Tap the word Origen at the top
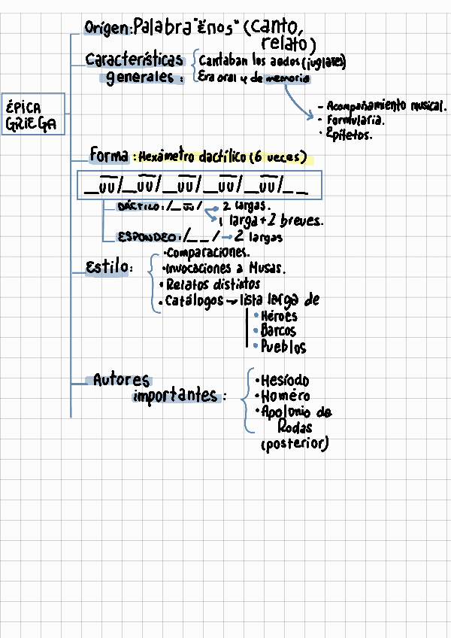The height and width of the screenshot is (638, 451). pos(107,29)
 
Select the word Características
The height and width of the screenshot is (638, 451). pos(134,59)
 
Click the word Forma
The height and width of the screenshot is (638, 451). pos(108,156)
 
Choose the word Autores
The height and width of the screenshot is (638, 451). pos(121,381)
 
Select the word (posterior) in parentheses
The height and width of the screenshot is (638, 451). pos(295,445)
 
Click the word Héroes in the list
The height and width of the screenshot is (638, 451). pos(279,316)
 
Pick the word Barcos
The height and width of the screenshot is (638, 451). pos(278,331)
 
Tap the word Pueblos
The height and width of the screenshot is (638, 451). pos(283,347)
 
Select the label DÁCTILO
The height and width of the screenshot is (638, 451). pos(141,205)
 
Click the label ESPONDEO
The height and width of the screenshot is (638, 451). pos(148,237)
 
